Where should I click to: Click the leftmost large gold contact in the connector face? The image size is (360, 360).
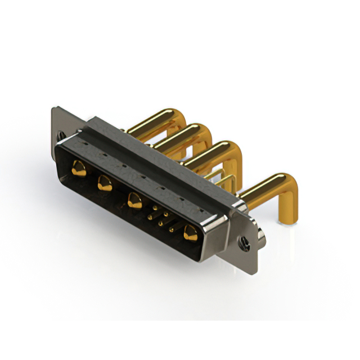click(x=79, y=168)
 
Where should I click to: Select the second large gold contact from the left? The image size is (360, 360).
click(x=105, y=183)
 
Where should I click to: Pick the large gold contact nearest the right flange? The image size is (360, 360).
click(x=190, y=232)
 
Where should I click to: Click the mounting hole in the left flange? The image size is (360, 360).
click(x=61, y=135)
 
